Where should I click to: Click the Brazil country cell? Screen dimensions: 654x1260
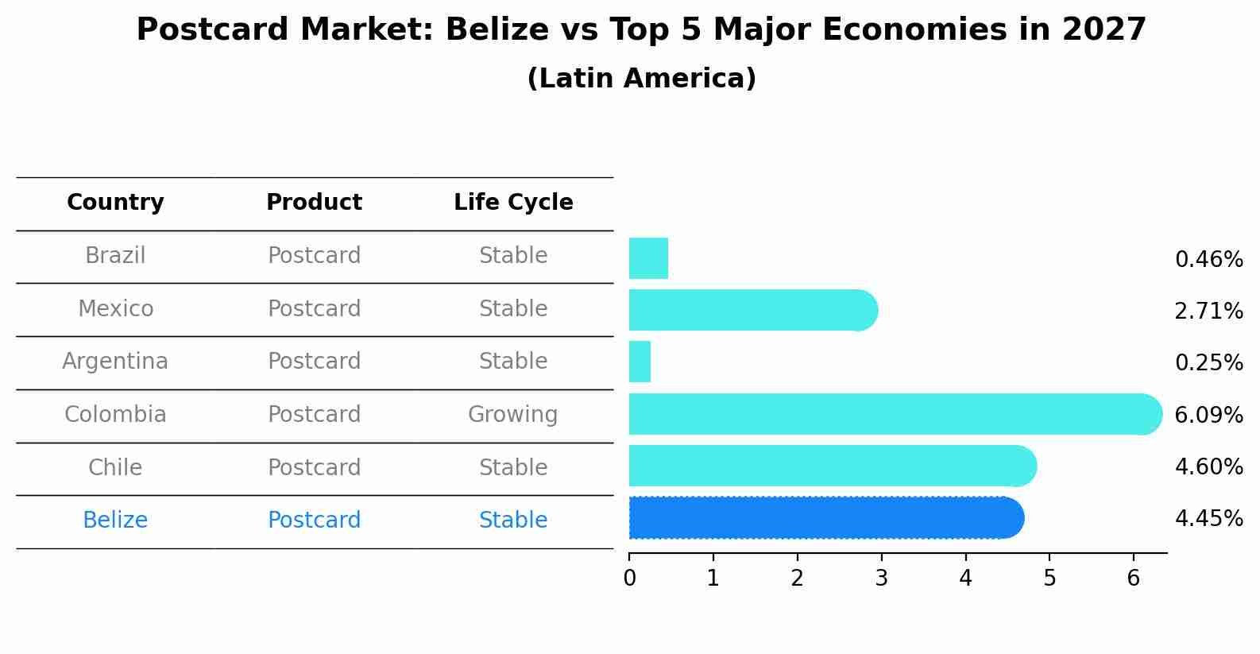(x=115, y=256)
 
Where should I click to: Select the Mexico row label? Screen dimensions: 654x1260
(x=115, y=308)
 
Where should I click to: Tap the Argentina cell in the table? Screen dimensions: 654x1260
(x=115, y=362)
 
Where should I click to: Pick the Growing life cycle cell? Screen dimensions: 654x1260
(x=512, y=415)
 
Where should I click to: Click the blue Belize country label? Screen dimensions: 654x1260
(x=115, y=520)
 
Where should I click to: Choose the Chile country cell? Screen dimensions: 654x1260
(x=115, y=467)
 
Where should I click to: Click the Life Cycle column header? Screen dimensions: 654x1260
(x=513, y=203)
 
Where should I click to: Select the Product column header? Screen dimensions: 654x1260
(x=314, y=203)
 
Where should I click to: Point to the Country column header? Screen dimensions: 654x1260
(x=115, y=203)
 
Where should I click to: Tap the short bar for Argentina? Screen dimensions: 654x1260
(x=640, y=362)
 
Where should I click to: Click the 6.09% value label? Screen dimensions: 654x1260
(x=1208, y=415)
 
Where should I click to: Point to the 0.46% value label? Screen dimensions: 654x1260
(x=1208, y=260)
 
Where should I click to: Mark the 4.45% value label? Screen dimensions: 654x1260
(x=1208, y=519)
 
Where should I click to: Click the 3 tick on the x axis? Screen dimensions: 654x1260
(x=881, y=579)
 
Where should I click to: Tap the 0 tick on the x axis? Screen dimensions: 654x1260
(x=629, y=579)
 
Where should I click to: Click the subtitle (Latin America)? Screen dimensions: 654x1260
(x=641, y=79)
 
